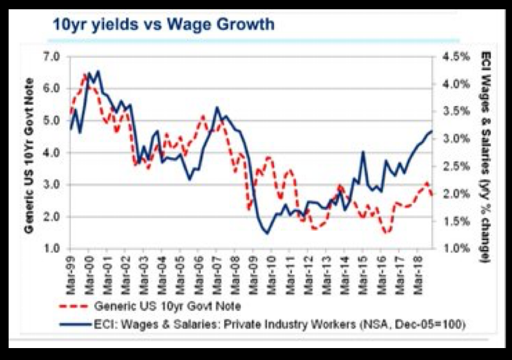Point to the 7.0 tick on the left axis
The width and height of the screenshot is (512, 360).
pyautogui.click(x=51, y=56)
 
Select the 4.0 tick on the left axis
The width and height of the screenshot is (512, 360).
pyautogui.click(x=51, y=152)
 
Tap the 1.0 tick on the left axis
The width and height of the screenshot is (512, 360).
pyautogui.click(x=51, y=249)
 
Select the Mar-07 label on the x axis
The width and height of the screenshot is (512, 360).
pyautogui.click(x=217, y=269)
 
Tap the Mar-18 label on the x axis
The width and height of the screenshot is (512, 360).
pyautogui.click(x=418, y=269)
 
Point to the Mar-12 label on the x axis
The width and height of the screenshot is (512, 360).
pyautogui.click(x=308, y=269)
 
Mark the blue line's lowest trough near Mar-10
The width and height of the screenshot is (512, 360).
pyautogui.click(x=267, y=233)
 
